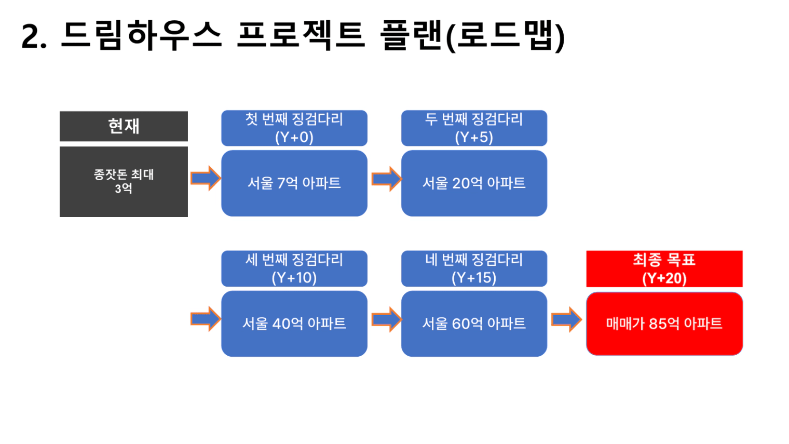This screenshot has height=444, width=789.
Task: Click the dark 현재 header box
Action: (x=124, y=126)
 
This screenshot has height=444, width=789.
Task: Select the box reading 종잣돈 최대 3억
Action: (x=124, y=181)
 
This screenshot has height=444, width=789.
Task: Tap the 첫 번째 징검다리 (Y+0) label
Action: (x=294, y=128)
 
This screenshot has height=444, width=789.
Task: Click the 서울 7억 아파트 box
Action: (x=294, y=183)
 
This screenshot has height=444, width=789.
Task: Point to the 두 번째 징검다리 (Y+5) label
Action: (x=474, y=128)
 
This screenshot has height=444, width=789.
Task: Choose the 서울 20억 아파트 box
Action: (x=474, y=183)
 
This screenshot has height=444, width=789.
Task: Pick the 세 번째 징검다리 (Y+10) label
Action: (x=294, y=268)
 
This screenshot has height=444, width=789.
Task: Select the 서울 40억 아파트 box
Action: (x=294, y=324)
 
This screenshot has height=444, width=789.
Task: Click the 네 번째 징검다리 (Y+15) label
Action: (x=474, y=268)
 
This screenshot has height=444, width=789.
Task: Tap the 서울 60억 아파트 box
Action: (x=474, y=324)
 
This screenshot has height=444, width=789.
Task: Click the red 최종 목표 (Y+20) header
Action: (x=664, y=269)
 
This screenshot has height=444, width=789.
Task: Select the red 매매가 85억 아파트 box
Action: (x=664, y=324)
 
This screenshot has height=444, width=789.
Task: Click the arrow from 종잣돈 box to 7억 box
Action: (x=206, y=178)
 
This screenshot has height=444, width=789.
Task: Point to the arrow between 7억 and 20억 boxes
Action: (x=386, y=179)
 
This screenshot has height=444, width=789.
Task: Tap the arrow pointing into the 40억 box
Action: (x=206, y=319)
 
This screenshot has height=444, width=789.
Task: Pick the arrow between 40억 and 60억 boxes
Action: (x=386, y=319)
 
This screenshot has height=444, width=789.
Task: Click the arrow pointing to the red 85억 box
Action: (x=566, y=319)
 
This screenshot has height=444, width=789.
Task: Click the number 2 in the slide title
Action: (x=30, y=36)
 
